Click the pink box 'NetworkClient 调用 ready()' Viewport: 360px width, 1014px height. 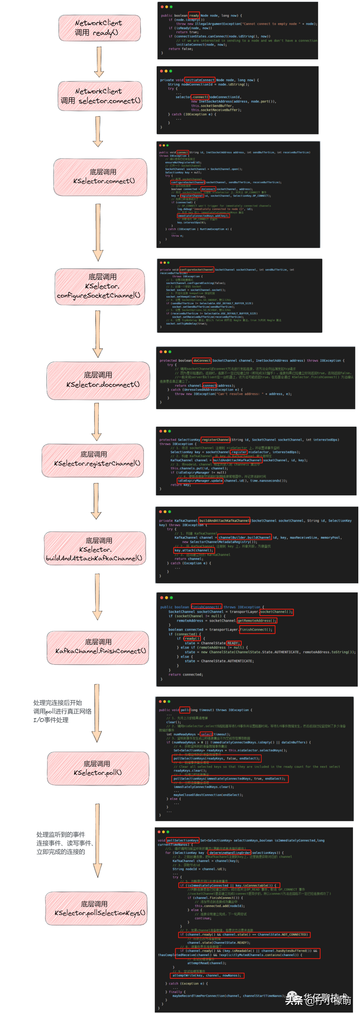click(100, 28)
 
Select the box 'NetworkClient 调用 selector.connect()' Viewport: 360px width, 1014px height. click(100, 96)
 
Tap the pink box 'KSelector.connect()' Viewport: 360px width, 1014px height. click(100, 177)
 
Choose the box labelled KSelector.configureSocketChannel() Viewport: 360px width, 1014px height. click(100, 287)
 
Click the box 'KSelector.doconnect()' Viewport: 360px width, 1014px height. click(98, 380)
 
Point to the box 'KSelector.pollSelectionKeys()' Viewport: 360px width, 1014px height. click(96, 909)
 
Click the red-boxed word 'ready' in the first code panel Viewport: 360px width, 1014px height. click(194, 16)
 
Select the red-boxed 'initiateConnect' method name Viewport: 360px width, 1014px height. click(200, 80)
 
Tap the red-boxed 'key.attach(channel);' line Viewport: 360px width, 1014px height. click(193, 550)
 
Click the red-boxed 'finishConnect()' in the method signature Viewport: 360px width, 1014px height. click(206, 607)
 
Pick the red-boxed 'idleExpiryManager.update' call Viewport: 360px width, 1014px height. click(200, 481)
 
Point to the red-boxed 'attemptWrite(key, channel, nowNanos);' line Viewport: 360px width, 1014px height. click(207, 975)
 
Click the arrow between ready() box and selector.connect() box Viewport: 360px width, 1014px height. click(99, 61)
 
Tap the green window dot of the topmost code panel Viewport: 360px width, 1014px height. click(171, 7)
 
